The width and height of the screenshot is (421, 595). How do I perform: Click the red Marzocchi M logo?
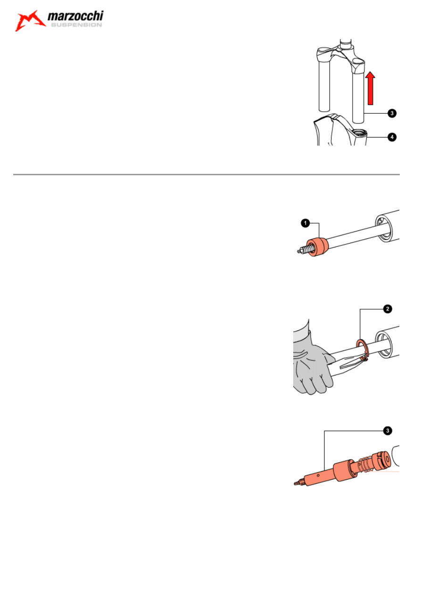[x=30, y=21]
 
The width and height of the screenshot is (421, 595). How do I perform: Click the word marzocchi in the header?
[x=75, y=16]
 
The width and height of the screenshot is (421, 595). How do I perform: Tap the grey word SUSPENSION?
[x=76, y=25]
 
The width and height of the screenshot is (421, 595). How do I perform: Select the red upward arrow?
[x=370, y=88]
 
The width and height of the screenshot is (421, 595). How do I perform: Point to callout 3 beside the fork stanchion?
[x=392, y=114]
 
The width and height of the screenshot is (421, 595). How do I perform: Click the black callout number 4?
[x=392, y=138]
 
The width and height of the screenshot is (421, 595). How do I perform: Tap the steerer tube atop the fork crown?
[x=346, y=44]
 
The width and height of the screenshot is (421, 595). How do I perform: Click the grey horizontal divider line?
[x=206, y=174]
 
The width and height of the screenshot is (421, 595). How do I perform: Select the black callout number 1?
[x=305, y=223]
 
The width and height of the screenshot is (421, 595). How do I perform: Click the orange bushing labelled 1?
[x=317, y=247]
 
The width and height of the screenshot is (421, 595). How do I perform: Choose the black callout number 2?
[x=388, y=309]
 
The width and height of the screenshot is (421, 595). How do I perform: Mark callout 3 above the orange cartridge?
[x=388, y=431]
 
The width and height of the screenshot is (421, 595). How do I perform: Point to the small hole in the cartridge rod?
[x=318, y=476]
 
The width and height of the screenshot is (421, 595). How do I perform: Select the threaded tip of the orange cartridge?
[x=298, y=482]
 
